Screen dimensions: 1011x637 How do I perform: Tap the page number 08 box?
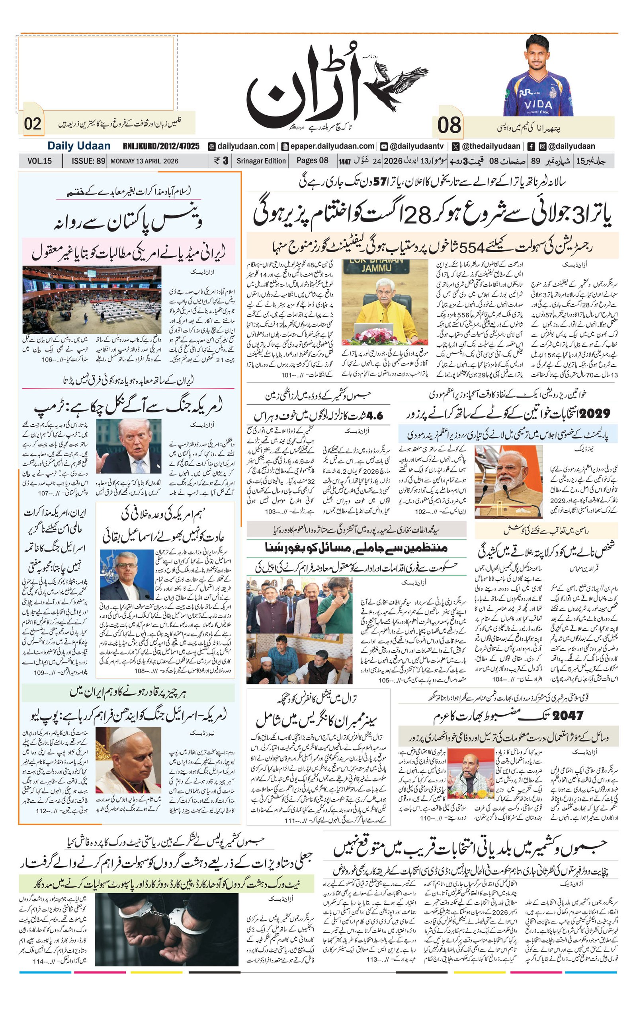pos(448,125)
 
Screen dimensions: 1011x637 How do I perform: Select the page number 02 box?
pos(32,124)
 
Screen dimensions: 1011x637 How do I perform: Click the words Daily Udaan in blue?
pos(78,146)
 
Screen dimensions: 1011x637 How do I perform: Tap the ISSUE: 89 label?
pos(88,161)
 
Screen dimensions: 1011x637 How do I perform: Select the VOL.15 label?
pos(39,161)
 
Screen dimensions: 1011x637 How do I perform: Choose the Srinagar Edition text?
pos(260,161)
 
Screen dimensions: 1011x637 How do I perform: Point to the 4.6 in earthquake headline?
pos(374,416)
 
